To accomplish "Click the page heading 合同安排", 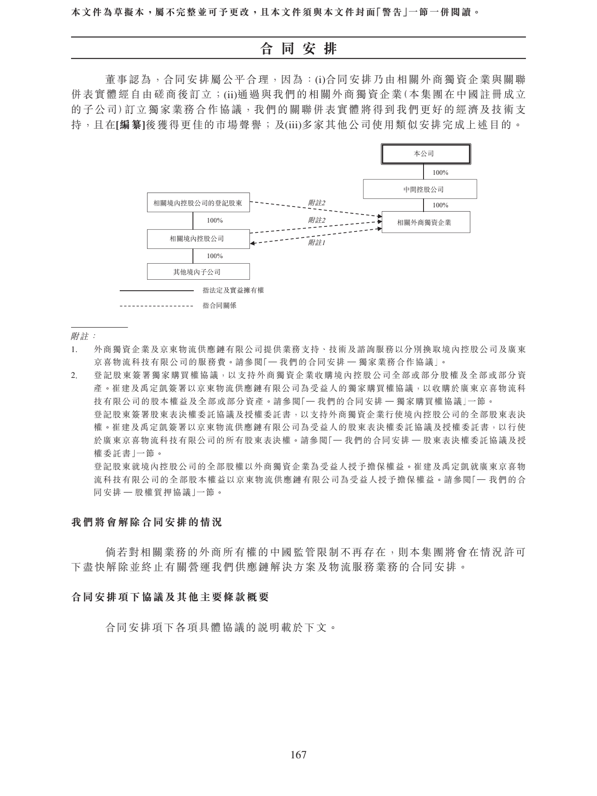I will pos(298,49).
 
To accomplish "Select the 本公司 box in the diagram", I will pos(426,154).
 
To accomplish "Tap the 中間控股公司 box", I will pos(420,189).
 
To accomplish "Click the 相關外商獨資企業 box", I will pos(426,222).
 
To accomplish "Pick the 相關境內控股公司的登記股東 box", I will pos(198,203).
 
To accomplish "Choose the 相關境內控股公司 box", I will pos(198,239).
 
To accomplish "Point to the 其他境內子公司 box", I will pos(198,272).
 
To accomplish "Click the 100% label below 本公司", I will pos(440,173).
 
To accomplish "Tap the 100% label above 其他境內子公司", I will pos(215,256).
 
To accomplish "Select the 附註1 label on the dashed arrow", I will pos(316,243).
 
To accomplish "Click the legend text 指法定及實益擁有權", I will pos(233,290).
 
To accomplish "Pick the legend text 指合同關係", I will pos(219,306).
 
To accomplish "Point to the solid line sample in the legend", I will pos(157,291).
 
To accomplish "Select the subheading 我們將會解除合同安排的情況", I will pos(147,522).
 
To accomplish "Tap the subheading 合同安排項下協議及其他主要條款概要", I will pos(171,597).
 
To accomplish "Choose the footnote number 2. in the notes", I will pos(74,375).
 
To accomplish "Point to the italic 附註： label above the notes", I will pos(83,336).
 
